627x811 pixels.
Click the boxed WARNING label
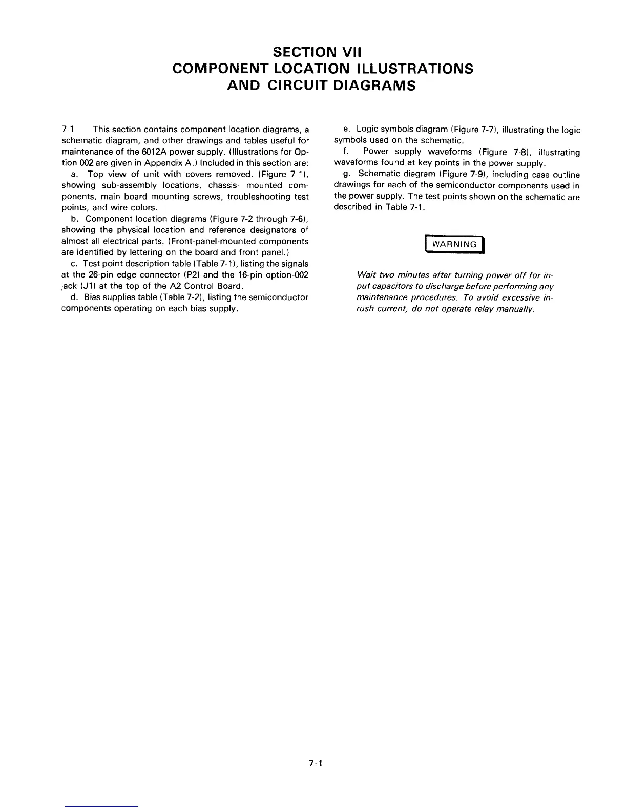pyautogui.click(x=454, y=244)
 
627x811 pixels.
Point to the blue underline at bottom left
pyautogui.click(x=102, y=806)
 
